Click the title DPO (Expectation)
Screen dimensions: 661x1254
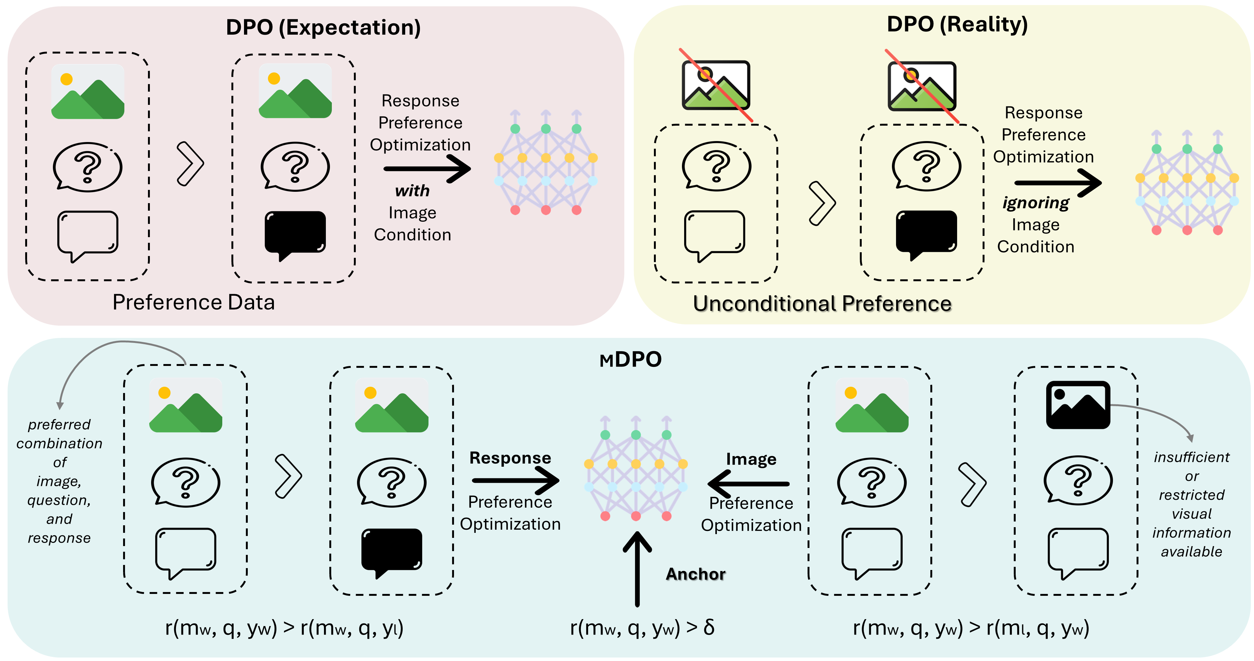[323, 27]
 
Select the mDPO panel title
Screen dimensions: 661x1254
[630, 360]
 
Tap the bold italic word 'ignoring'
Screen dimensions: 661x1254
[1036, 202]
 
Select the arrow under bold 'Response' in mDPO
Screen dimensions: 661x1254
[515, 481]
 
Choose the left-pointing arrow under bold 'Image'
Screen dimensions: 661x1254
[748, 484]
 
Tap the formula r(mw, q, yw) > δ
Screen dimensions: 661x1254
[642, 628]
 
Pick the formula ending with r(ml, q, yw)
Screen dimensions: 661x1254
[971, 628]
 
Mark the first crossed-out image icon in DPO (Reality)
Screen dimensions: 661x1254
[716, 85]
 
